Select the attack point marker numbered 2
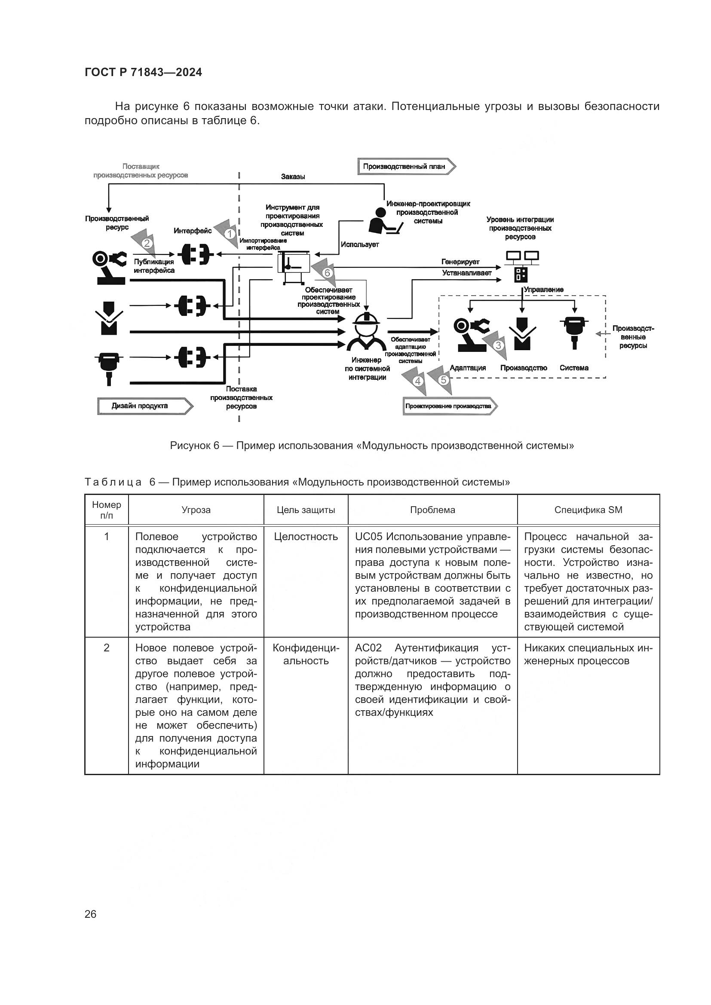click(147, 243)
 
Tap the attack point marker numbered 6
click(327, 273)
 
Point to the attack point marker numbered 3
click(498, 345)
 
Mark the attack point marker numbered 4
click(418, 381)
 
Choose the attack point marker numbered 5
click(444, 379)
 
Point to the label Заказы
click(293, 177)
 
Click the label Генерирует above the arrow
click(460, 262)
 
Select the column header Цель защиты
click(306, 510)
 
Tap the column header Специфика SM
click(588, 510)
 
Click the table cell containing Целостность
click(306, 537)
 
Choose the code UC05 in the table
click(369, 537)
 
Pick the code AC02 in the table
click(368, 648)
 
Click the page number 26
click(91, 914)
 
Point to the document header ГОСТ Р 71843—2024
click(143, 73)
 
